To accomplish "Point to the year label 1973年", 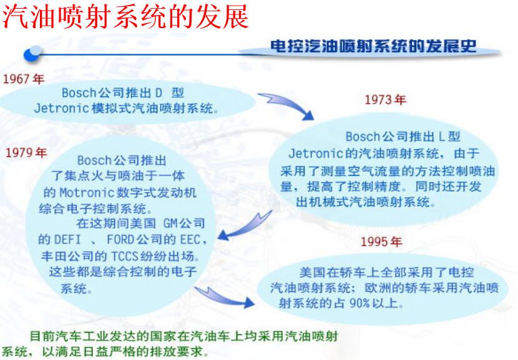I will pos(384,100).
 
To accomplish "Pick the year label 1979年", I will pos(26,153).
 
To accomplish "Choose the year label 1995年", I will pos(381,241).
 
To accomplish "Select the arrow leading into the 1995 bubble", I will pos(225,296).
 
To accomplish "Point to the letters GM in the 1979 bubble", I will pos(172,223).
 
